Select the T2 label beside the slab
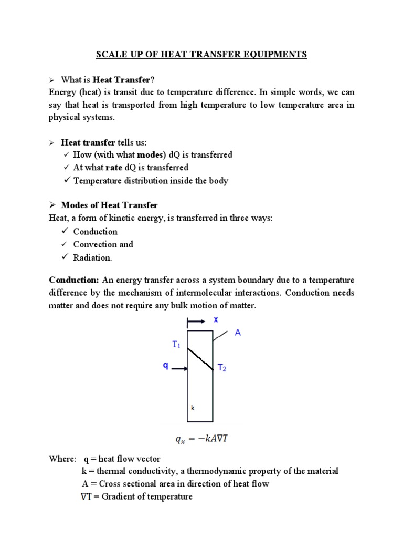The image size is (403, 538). click(222, 369)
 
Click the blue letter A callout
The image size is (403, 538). click(237, 333)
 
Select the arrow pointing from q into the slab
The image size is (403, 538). click(179, 369)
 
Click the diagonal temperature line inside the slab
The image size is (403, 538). click(200, 359)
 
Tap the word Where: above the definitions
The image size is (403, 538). click(62, 459)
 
